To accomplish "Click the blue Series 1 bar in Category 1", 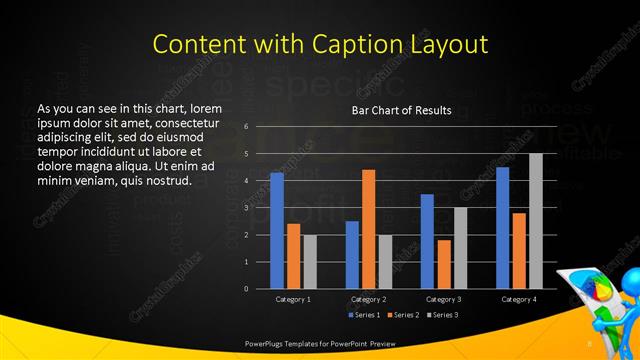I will coord(277,230).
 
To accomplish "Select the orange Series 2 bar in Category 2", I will coord(368,229).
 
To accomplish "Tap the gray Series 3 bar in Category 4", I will coord(536,221).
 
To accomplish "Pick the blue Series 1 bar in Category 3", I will coord(427,241).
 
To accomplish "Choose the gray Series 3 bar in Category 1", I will coord(310,261).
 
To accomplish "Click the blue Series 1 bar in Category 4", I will coord(502,227).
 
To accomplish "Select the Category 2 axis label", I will coord(368,299).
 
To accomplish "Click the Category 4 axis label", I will coord(518,299).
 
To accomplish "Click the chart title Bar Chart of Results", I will coord(401,110).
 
